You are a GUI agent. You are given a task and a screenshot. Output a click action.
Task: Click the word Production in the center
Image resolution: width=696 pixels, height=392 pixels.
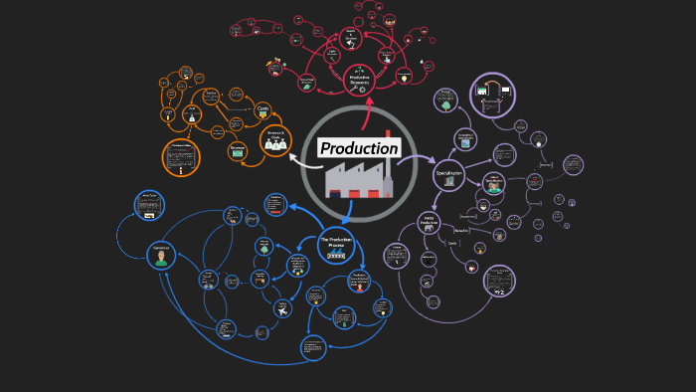[x=359, y=148]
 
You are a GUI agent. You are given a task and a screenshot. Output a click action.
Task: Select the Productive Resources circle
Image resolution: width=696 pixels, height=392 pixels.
[x=359, y=78]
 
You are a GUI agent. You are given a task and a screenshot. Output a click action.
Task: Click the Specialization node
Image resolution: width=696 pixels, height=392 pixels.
[x=449, y=174]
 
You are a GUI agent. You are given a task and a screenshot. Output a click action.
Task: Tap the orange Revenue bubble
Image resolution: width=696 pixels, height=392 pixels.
[x=238, y=150]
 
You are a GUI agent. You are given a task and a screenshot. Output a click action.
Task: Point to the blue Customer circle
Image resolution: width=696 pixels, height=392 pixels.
[x=161, y=256]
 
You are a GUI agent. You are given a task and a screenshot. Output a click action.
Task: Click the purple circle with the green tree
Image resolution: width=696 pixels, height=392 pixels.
[x=445, y=100]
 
